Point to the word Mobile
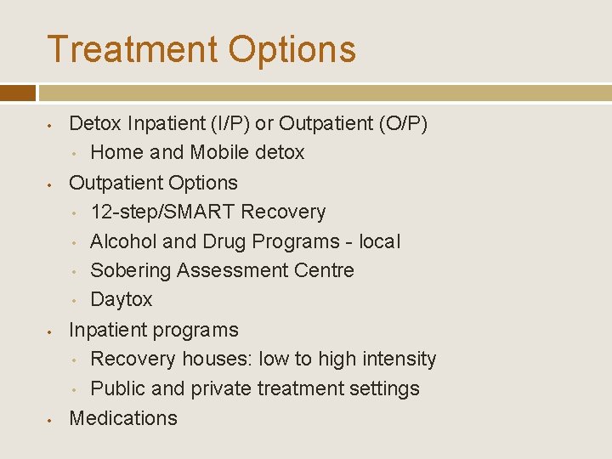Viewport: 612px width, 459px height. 220,153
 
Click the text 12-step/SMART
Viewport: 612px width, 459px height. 162,212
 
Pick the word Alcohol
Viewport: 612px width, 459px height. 123,241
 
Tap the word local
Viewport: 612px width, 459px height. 379,241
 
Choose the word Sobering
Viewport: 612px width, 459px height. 130,270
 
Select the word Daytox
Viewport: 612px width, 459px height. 122,300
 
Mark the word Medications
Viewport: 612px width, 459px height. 123,418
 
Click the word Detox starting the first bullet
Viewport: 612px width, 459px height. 95,124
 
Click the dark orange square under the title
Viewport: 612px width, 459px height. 18,93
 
